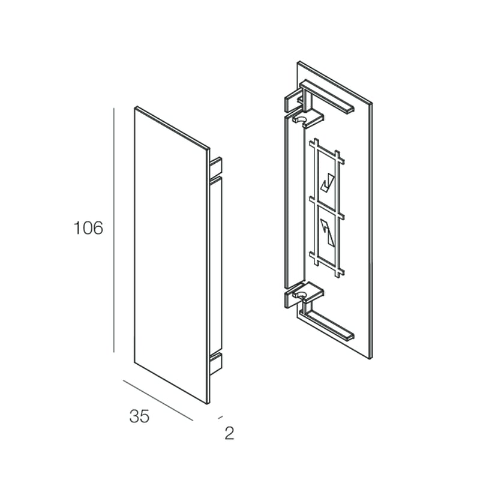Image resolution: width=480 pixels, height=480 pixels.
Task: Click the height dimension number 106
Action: [x=88, y=229]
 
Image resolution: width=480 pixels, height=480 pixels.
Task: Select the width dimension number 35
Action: [x=139, y=416]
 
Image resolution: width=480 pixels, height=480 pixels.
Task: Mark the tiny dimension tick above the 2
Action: [x=220, y=416]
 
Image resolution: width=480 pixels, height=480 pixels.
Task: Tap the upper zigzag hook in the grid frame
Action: [x=327, y=182]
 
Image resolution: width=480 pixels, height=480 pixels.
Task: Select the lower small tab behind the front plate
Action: [x=216, y=362]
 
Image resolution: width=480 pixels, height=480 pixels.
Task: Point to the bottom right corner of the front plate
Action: [x=208, y=403]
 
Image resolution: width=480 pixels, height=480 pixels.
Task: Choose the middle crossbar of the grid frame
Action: [x=327, y=206]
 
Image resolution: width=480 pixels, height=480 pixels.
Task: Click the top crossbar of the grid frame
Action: [x=327, y=152]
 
